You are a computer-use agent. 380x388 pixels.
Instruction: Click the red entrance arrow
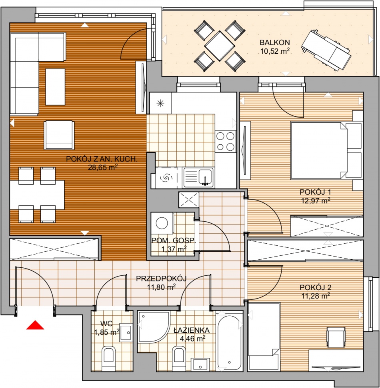pos(35,325)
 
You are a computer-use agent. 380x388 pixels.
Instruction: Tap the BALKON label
pos(274,42)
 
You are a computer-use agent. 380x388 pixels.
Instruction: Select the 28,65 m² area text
pos(102,168)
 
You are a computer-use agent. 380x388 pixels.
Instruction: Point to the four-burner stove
pos(226,141)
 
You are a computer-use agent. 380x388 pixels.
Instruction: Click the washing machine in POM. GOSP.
pos(162,223)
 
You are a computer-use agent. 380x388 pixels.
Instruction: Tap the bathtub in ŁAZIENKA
pos(229,342)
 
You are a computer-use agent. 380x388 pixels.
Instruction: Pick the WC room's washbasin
pos(126,333)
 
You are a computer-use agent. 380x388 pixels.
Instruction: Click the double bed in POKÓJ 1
pos(326,150)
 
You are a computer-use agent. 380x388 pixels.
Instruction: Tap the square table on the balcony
pos(220,46)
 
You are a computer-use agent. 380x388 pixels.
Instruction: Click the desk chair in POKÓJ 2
pos(336,337)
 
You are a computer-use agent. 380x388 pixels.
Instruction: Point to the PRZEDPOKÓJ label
pos(161,279)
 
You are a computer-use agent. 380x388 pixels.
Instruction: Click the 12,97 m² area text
pos(316,201)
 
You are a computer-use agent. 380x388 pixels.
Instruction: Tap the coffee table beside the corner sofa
pos(55,87)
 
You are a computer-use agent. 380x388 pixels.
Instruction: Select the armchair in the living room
pos(59,135)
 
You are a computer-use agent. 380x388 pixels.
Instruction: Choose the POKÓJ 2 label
pos(316,287)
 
